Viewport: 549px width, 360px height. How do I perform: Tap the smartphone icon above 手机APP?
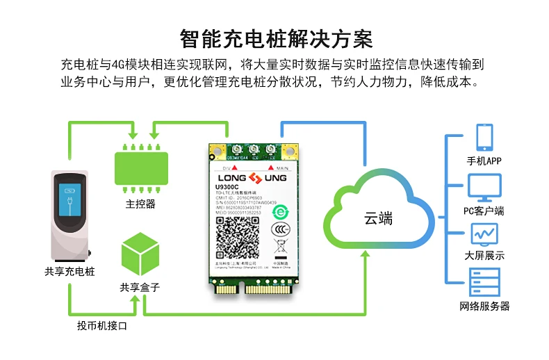(484, 138)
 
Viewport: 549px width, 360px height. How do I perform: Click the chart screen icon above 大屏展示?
(484, 234)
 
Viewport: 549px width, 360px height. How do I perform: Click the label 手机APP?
(484, 161)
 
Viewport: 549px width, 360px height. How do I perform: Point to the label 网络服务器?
(484, 306)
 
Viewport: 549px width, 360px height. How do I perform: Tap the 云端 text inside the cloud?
(379, 219)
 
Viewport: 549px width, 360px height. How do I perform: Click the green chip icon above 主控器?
(140, 169)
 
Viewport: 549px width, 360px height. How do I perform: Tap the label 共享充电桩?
(69, 272)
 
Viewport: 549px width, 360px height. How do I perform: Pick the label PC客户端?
(484, 211)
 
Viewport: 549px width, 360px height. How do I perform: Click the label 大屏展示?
(484, 256)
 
